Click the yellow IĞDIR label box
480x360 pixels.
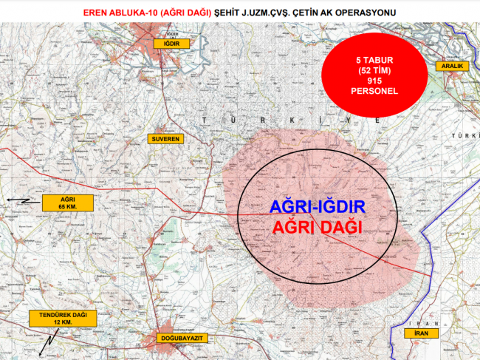pos(173,44)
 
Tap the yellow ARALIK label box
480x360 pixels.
pos(452,66)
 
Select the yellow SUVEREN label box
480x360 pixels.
pos(165,138)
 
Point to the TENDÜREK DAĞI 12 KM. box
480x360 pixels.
pos(58,319)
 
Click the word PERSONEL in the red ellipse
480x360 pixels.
pos(375,91)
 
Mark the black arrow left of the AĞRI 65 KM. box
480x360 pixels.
pos(22,200)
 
